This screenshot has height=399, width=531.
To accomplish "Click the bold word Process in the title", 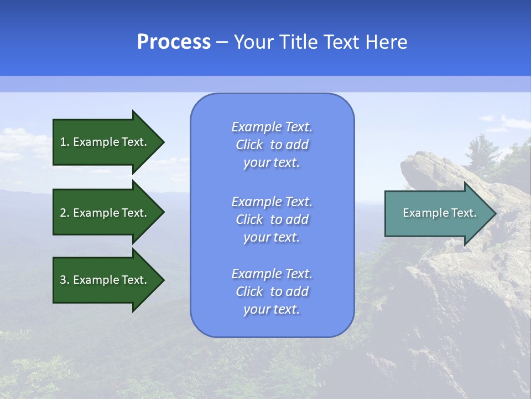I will [174, 42].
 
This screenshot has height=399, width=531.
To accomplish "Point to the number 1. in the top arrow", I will [65, 142].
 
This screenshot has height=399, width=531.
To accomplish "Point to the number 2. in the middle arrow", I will [65, 213].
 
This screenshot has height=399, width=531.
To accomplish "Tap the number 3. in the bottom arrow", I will [65, 280].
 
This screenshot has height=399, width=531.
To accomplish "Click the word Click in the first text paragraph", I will [249, 145].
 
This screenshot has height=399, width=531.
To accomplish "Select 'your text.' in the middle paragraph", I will [272, 237].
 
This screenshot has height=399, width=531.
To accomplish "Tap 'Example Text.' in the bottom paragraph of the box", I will [272, 274].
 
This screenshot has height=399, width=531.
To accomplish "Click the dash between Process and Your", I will [222, 43].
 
